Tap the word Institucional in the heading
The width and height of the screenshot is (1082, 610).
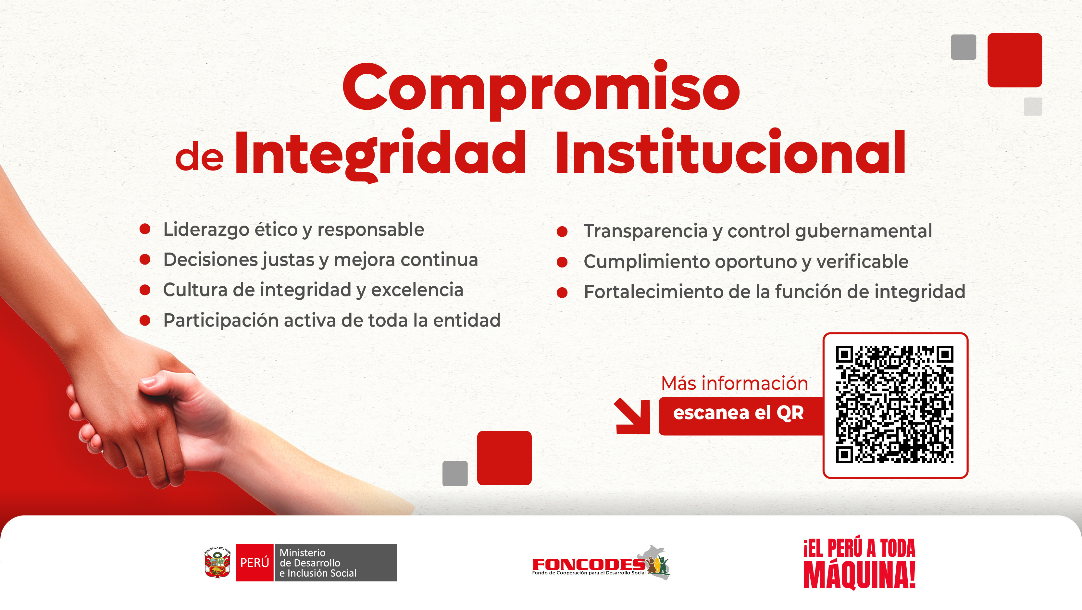[730, 153]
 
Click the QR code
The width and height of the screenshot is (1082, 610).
[895, 405]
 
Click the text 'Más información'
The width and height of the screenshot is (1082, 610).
[734, 383]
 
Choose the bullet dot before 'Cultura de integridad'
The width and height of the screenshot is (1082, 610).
[145, 290]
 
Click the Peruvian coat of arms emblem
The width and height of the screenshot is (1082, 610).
[217, 563]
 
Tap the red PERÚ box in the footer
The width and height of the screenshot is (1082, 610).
[255, 563]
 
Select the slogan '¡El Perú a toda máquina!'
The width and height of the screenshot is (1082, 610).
[859, 563]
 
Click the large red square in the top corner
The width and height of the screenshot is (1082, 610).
[1014, 60]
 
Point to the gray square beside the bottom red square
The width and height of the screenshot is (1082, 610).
[455, 473]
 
